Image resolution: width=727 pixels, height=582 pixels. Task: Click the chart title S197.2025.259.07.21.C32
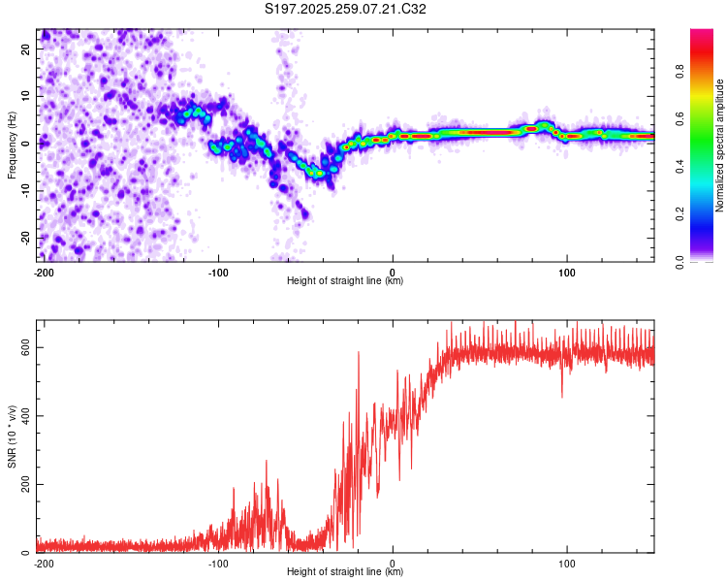[x=346, y=9]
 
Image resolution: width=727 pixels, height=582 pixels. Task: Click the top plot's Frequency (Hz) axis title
[x=12, y=144]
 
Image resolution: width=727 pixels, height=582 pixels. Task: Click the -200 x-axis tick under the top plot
[x=44, y=272]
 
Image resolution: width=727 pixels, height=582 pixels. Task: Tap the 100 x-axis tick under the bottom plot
[x=568, y=563]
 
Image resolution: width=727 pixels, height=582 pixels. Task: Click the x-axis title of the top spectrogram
[x=345, y=281]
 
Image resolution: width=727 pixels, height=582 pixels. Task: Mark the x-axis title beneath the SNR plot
[x=345, y=572]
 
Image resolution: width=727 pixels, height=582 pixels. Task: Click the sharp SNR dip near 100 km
[x=562, y=396]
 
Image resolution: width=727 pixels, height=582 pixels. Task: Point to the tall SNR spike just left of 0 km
[x=359, y=353]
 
